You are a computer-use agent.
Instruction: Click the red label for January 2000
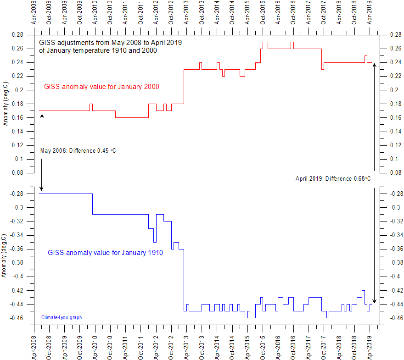click(x=101, y=86)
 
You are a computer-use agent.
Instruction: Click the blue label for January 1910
click(x=105, y=253)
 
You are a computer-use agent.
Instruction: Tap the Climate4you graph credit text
click(x=62, y=317)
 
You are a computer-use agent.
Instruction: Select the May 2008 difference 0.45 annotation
click(x=78, y=151)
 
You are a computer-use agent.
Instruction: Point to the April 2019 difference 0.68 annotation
click(x=333, y=178)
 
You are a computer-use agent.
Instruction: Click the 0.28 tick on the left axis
click(x=17, y=35)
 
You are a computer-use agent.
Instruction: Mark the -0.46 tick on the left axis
click(x=16, y=318)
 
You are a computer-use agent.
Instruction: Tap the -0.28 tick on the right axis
click(x=396, y=194)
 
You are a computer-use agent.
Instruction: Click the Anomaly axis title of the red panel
click(x=5, y=104)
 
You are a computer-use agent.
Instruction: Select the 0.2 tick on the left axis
click(x=19, y=90)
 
